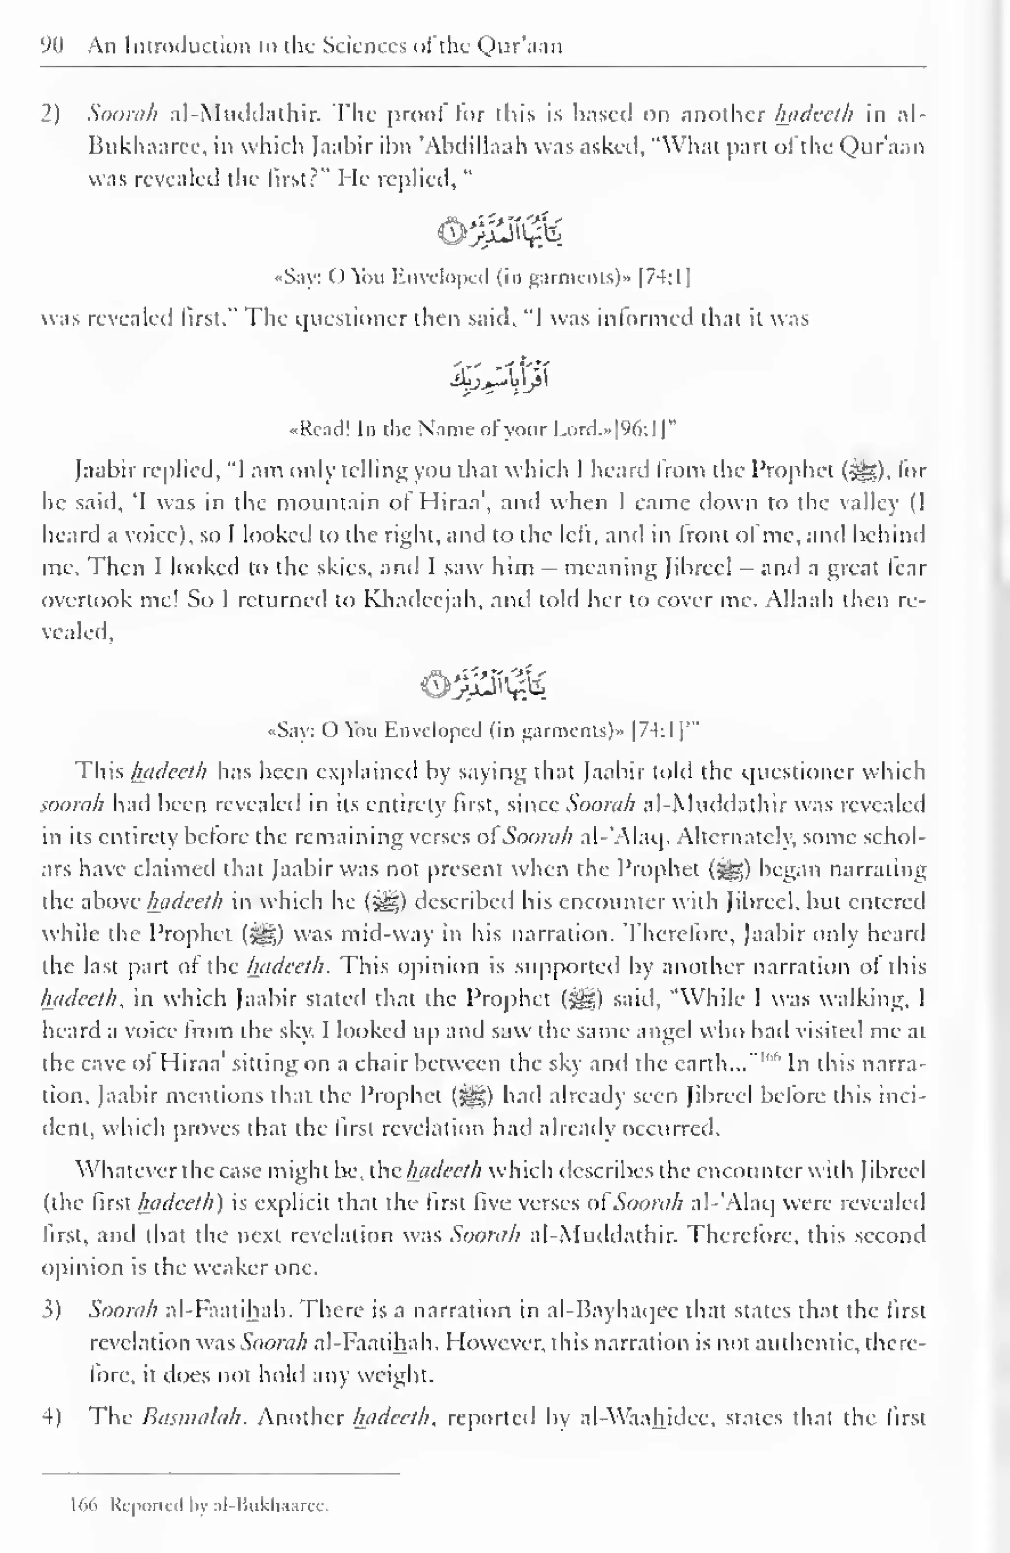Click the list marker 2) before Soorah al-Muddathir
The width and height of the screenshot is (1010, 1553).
(x=51, y=115)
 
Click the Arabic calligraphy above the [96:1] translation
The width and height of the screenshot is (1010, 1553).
(x=499, y=377)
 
